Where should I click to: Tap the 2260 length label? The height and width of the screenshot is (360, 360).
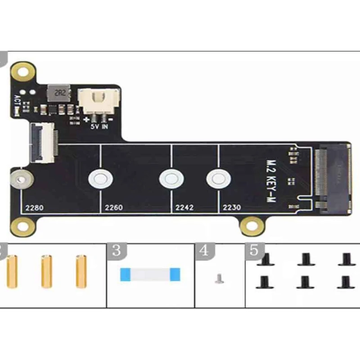click(113, 208)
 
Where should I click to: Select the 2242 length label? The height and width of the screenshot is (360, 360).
click(184, 208)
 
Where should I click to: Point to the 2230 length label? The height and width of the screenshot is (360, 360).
click(232, 208)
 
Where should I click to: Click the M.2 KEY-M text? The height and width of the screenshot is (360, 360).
click(271, 180)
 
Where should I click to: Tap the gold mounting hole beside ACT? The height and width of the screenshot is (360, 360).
click(23, 71)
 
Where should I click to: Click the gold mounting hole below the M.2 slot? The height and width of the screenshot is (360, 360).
click(252, 226)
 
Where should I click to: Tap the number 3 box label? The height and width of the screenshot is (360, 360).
click(116, 251)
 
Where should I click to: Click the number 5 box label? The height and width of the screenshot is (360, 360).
click(254, 251)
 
